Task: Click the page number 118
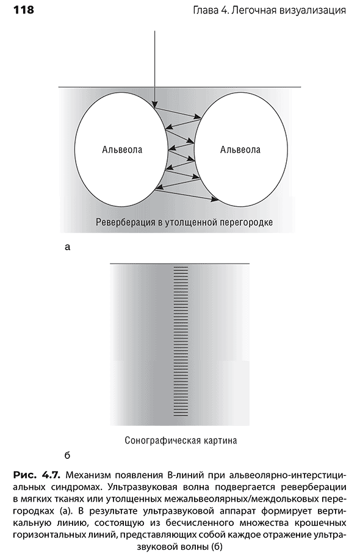(24, 10)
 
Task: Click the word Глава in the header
(205, 10)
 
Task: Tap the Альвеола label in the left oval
(122, 149)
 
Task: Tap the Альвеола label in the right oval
(240, 149)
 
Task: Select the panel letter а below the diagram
(68, 247)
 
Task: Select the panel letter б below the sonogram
(67, 455)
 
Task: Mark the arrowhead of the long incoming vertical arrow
(154, 104)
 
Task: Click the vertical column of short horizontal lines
(181, 342)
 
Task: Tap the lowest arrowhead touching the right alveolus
(215, 200)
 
